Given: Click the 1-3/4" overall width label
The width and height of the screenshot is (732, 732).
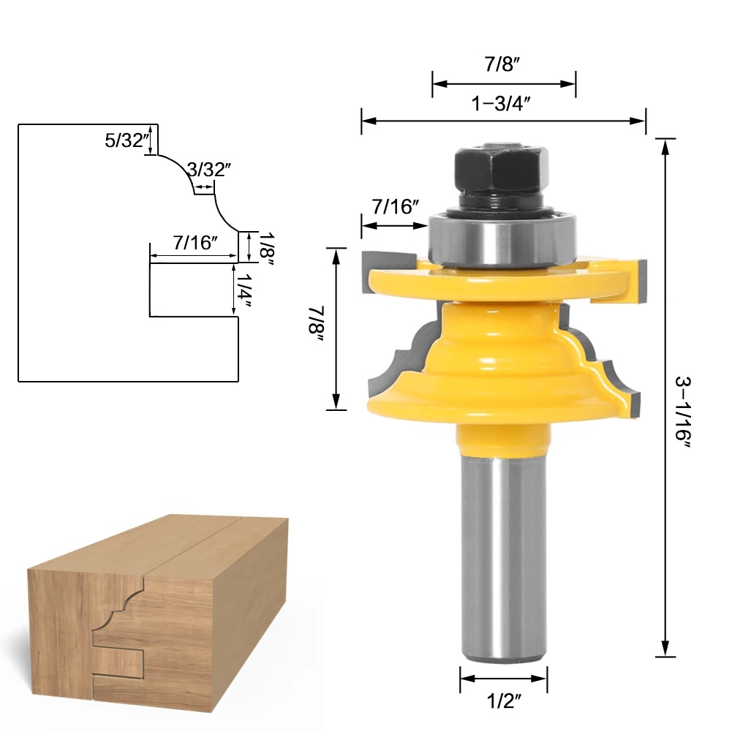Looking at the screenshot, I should coord(501,104).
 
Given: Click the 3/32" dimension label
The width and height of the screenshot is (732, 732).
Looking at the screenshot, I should coord(209,170).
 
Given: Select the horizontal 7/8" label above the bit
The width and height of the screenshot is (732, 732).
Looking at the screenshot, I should coord(502,64).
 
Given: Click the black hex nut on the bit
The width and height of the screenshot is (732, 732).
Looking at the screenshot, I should coord(502,170).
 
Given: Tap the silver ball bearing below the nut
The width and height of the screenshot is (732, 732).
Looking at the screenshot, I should coord(502,238).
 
